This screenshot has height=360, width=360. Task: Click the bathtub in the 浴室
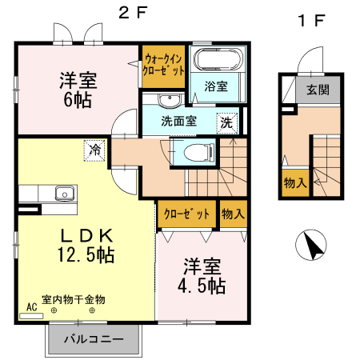coord(218,59)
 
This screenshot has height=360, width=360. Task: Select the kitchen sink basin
coord(65,193)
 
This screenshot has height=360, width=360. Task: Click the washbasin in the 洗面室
coord(170,100)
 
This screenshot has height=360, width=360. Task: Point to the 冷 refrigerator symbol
coord(94,150)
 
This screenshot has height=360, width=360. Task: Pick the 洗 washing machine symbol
coord(227,123)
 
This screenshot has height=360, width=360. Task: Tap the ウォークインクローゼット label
coord(163,65)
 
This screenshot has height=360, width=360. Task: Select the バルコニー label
coord(94,339)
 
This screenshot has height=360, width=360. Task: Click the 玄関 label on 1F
coord(318,90)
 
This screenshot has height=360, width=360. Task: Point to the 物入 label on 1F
coord(295,183)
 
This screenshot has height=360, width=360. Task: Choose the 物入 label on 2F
coord(233,214)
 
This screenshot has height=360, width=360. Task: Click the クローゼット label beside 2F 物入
coord(186,214)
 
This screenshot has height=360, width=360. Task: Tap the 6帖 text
coord(78,100)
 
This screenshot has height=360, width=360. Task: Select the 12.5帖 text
coord(86,254)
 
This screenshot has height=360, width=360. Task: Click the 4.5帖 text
coord(202,286)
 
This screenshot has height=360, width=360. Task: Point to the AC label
coord(32,307)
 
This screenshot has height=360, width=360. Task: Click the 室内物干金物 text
coord(74,300)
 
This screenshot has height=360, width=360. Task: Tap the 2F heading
coord(133,13)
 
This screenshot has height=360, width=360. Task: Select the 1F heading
coord(312,21)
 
